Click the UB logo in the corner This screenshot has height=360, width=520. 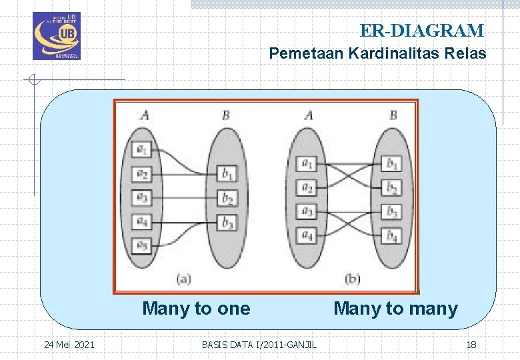coord(56,36)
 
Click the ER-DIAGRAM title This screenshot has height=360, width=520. coord(421,31)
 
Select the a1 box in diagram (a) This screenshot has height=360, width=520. coord(141,151)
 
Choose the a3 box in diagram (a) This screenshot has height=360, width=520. coord(141,198)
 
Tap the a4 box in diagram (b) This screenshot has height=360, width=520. coord(307,235)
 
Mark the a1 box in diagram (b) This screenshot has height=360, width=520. coord(307,163)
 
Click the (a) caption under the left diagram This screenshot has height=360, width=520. coord(184,278)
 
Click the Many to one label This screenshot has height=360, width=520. coord(196,309)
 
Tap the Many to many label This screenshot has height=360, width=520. coord(395,309)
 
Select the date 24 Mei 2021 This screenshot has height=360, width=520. coord(69,345)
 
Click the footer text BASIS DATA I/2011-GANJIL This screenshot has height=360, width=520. coord(259,345)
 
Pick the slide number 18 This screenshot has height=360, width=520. coord(471,345)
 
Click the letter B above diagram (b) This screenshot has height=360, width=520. coord(393,116)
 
